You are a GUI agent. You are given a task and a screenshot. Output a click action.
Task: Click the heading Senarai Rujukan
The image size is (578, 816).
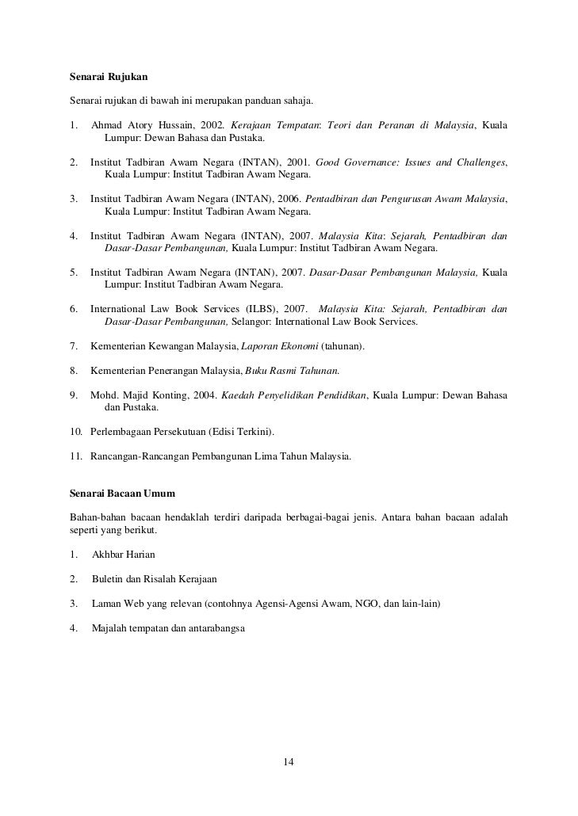[x=109, y=78]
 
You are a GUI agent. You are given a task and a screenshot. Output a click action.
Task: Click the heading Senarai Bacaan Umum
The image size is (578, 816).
[x=123, y=494]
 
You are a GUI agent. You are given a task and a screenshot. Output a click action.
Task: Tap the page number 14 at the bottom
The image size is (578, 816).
[x=289, y=762]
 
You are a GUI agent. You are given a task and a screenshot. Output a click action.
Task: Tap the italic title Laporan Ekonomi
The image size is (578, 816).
[x=280, y=346]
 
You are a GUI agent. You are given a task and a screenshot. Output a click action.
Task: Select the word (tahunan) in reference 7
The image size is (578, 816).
[x=343, y=346]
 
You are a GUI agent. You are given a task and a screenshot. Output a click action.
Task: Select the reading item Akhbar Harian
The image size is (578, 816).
[x=124, y=555]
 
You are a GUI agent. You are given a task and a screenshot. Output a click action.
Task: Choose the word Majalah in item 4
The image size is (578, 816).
[x=110, y=628]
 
